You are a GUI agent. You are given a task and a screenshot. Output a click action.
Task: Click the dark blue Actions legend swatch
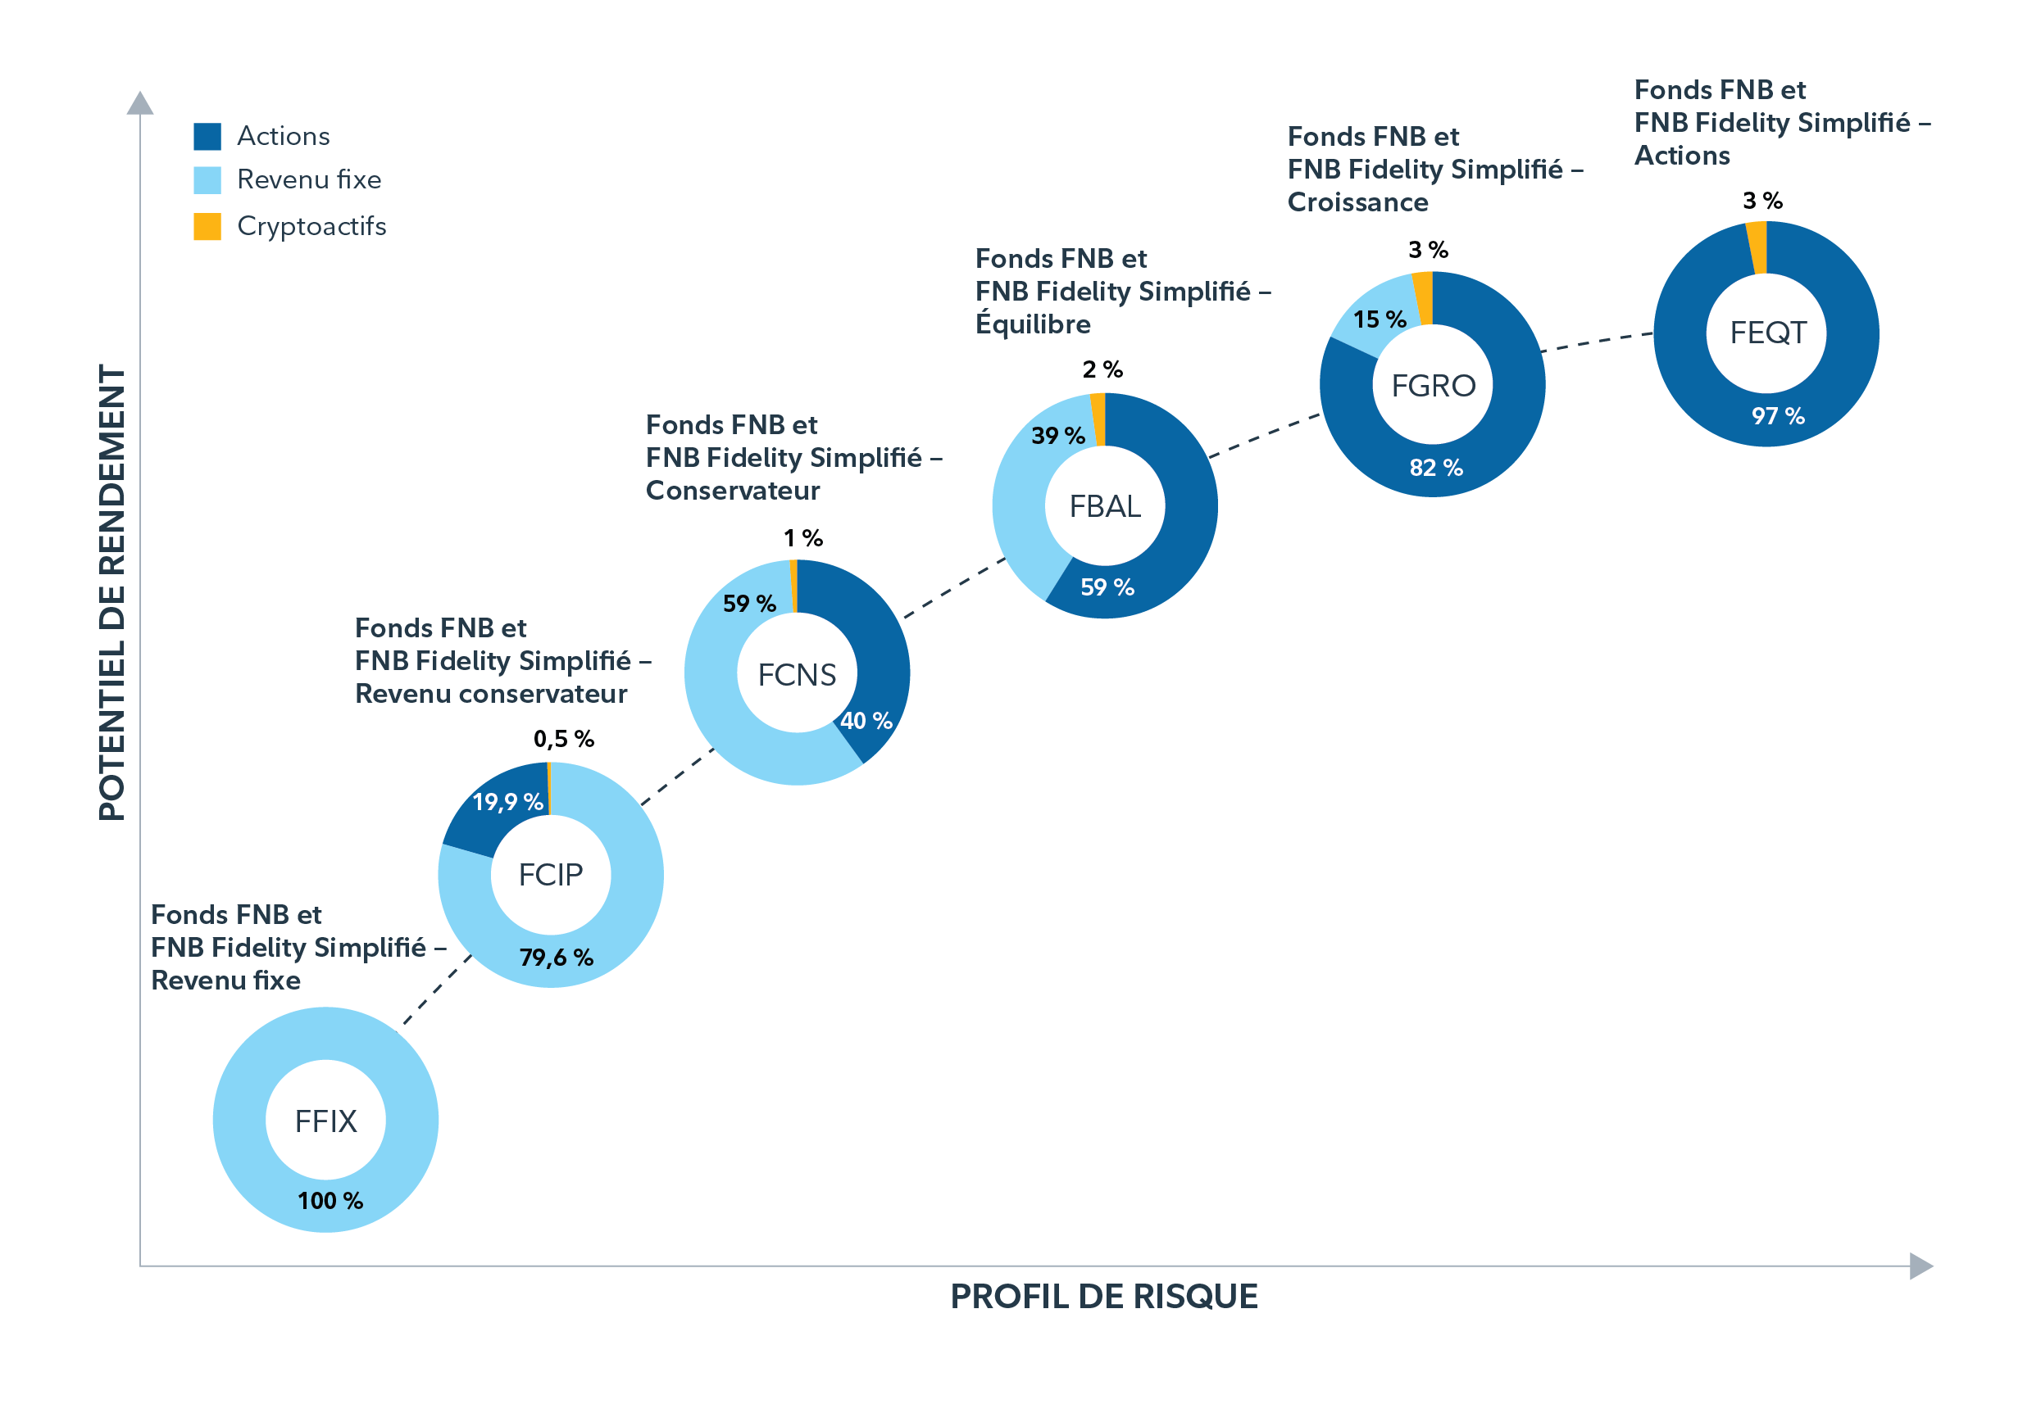tap(207, 136)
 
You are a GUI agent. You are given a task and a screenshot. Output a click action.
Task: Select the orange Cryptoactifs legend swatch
tap(207, 226)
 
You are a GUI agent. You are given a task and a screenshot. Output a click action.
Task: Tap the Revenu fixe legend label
tap(309, 179)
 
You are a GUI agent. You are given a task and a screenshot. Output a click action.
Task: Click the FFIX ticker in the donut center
tap(325, 1121)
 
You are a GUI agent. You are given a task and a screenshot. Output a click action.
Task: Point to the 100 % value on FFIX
tap(330, 1200)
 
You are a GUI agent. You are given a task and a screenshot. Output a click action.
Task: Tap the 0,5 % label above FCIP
tap(563, 739)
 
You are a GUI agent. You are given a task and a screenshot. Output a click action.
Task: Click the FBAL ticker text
tap(1105, 507)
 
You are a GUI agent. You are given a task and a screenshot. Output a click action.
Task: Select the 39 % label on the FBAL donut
tap(1058, 436)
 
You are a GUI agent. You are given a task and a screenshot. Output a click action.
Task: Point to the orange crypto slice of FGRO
tap(1423, 297)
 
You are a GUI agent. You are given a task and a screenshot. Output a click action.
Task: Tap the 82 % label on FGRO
tap(1435, 468)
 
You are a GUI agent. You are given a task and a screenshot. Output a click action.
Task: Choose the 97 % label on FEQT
tap(1777, 416)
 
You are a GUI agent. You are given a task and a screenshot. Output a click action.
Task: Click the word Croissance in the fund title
tap(1357, 202)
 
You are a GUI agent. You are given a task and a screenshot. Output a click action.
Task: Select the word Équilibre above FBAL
tap(1032, 324)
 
